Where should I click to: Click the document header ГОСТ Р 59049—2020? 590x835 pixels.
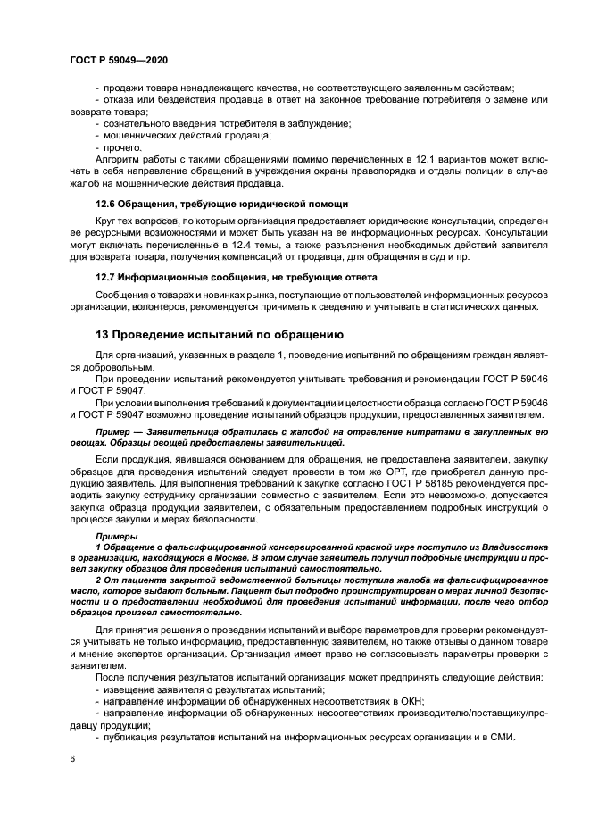118,59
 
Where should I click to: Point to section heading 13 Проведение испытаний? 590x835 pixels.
219,336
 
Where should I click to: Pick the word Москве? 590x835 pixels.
209,556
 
